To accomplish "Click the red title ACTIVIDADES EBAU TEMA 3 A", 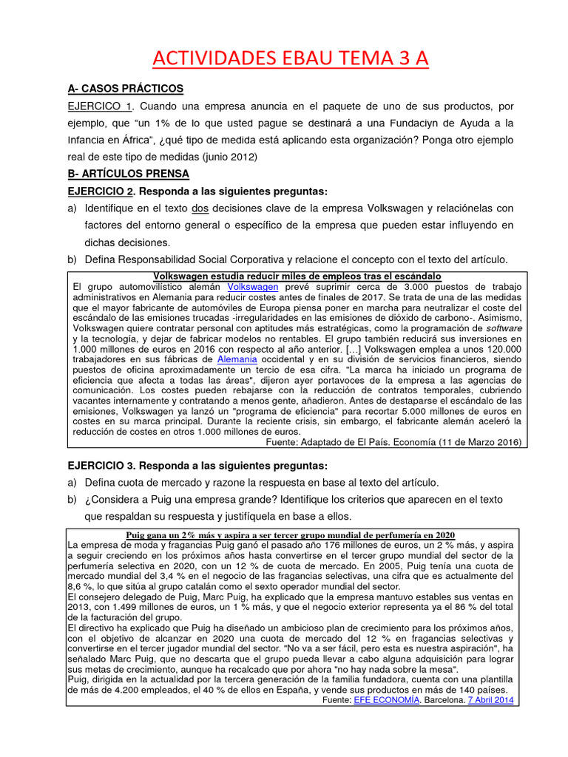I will pyautogui.click(x=290, y=58).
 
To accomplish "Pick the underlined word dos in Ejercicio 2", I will pyautogui.click(x=200, y=208).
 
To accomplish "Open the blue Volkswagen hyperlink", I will pyautogui.click(x=253, y=286).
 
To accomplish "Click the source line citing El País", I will pyautogui.click(x=393, y=442).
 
